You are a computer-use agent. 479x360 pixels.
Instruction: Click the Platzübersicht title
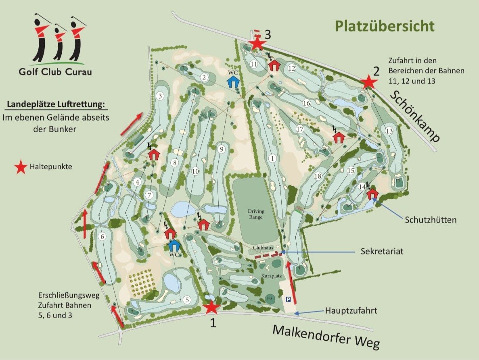(x=385, y=27)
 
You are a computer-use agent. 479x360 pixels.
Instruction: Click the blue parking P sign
(x=289, y=299)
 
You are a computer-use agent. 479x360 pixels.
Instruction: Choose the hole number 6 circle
(x=102, y=237)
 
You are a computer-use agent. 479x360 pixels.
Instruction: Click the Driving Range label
(x=255, y=214)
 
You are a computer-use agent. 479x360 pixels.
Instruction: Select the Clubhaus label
(x=264, y=248)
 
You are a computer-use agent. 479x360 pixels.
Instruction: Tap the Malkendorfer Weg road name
(x=326, y=336)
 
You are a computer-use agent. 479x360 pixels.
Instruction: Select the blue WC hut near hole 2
(x=233, y=82)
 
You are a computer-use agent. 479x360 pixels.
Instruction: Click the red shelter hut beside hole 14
(x=372, y=194)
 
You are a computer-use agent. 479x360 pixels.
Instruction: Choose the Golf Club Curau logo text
(x=55, y=72)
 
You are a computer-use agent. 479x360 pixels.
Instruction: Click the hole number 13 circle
(x=389, y=131)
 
